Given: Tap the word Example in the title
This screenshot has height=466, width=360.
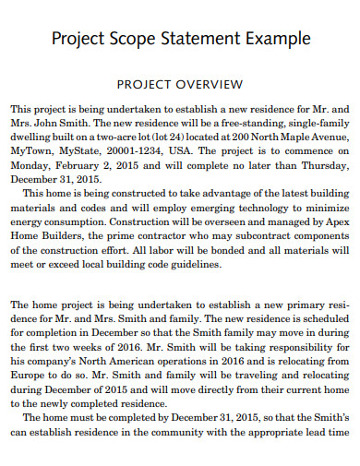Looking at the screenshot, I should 273,40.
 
